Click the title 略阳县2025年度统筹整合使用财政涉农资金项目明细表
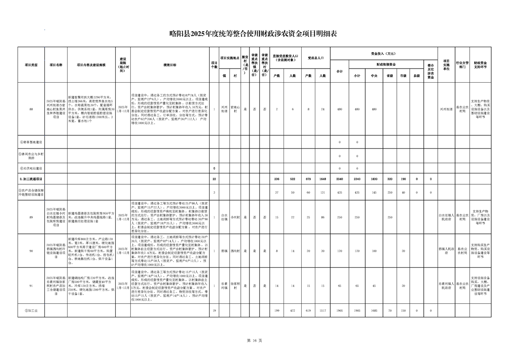[254, 33]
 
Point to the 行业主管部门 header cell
[461, 65]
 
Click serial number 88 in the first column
[31, 109]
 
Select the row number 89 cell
[31, 217]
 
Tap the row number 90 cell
[31, 251]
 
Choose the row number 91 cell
[31, 286]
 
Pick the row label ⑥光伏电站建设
[31, 168]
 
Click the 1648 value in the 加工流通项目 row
[323, 179]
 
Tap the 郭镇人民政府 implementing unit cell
[446, 251]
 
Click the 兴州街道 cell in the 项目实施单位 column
[446, 109]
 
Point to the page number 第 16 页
[254, 340]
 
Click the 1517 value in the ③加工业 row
[323, 311]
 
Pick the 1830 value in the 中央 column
[374, 179]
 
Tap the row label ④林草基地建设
[31, 142]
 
